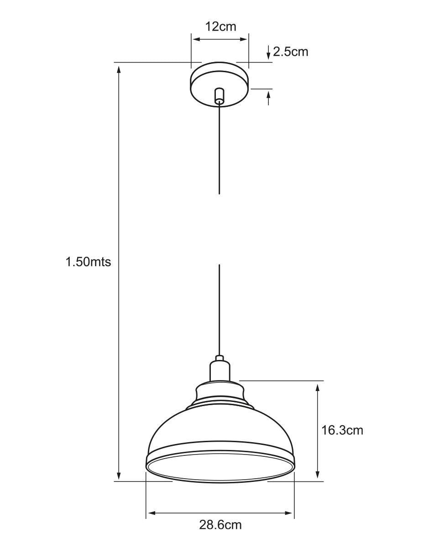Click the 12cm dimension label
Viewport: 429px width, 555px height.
[x=220, y=26]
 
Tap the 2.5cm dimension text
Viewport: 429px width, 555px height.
[x=291, y=52]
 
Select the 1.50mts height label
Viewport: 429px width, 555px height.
[x=88, y=262]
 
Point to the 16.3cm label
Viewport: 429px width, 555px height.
[x=342, y=430]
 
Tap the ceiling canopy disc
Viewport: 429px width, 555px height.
[x=220, y=85]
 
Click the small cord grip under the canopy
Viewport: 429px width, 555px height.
[x=219, y=96]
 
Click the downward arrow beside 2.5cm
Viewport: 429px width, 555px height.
[x=268, y=53]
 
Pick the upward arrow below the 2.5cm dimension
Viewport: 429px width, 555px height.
[x=268, y=98]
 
